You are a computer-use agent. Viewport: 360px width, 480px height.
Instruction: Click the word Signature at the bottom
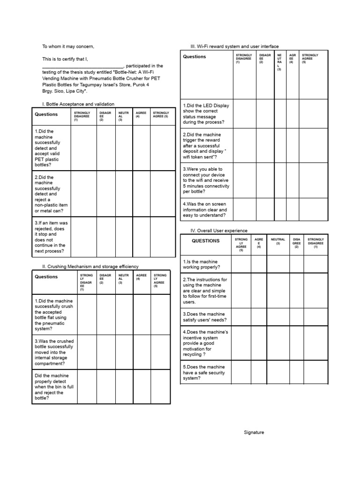pos(254,432)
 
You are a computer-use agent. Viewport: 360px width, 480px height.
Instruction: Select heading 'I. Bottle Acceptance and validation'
pos(78,104)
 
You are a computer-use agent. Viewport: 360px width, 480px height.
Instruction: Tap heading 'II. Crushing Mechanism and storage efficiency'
pos(90,266)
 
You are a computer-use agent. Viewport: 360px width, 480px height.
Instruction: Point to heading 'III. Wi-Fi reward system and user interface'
pos(234,46)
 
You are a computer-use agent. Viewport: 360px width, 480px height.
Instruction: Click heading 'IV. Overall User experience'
pos(218,231)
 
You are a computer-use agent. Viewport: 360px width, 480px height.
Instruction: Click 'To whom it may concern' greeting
pos(68,46)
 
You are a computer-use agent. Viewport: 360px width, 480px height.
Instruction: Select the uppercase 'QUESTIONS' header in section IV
pos(205,241)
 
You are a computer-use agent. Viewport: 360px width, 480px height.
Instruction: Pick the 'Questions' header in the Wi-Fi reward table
pos(195,57)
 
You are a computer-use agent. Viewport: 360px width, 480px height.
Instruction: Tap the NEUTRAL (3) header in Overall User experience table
pos(277,241)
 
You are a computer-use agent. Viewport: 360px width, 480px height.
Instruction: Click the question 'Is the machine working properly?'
pos(201,264)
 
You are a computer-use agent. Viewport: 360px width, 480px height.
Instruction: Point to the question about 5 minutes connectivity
pos(206,180)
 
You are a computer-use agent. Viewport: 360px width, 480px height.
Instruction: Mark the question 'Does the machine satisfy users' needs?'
pos(205,317)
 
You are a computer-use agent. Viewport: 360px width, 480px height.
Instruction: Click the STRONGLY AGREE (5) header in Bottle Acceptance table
pos(161,114)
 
